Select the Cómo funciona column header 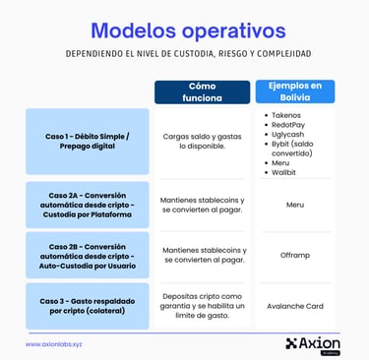202,91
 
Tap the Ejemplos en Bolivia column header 295,91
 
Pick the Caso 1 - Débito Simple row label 88,141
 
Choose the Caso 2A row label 88,205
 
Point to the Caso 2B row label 88,255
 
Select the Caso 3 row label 88,305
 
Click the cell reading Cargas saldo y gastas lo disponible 202,141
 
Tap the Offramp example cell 295,255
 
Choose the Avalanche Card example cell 295,305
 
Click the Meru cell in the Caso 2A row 295,205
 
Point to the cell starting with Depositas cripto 202,305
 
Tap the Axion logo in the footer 311,342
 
